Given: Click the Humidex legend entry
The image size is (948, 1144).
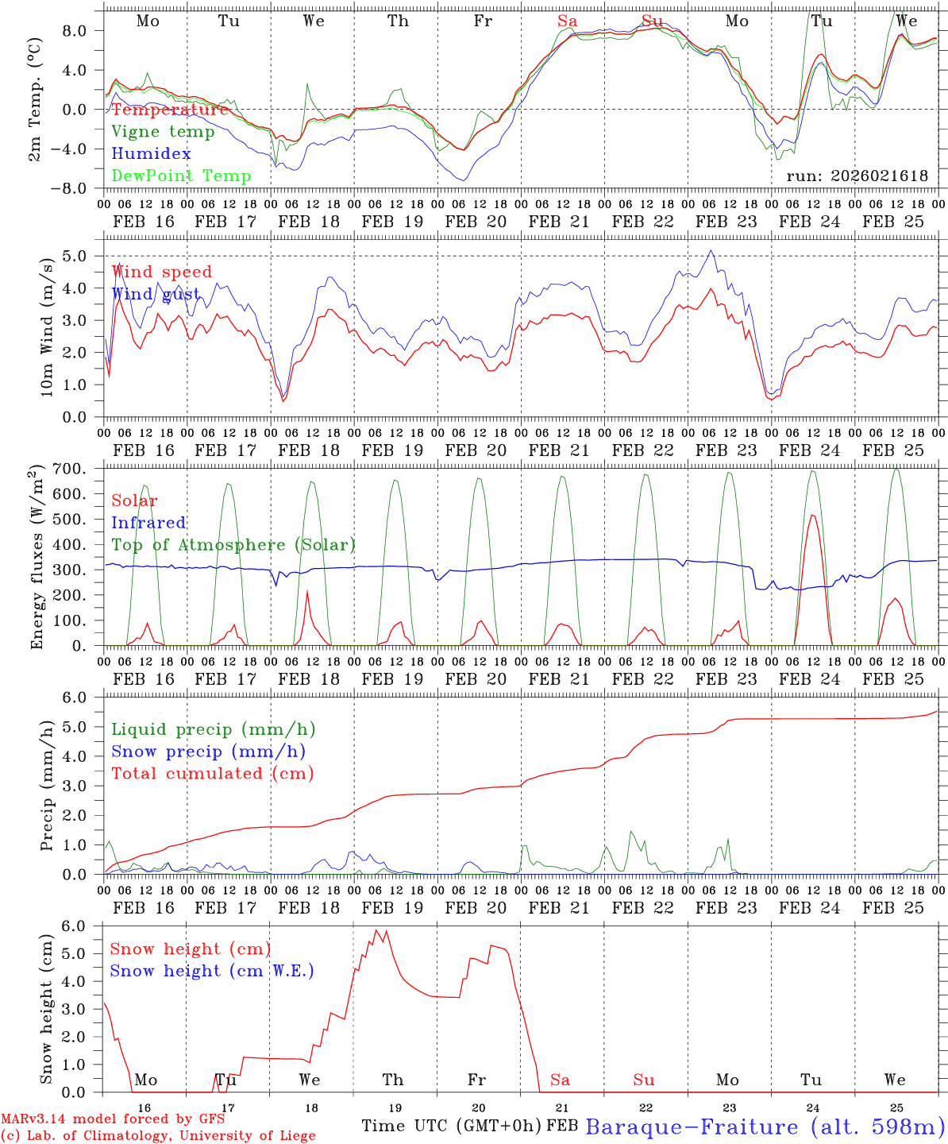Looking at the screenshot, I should pos(151,153).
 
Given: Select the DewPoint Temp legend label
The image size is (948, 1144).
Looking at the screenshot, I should pos(181,176).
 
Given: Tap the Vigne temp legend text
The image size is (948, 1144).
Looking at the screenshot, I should pos(163,131).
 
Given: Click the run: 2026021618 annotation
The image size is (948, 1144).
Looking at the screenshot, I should pos(857,176).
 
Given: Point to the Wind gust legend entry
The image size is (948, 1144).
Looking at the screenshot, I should pos(156,294).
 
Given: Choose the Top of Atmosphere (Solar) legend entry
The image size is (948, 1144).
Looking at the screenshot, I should pos(233,545).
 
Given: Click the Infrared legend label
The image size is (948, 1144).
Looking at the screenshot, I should pos(148,523).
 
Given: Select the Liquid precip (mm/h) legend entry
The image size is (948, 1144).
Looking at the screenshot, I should pos(213,729).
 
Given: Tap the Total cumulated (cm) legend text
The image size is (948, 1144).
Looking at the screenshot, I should pos(212,773).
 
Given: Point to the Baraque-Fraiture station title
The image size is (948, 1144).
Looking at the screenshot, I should pos(765,1127).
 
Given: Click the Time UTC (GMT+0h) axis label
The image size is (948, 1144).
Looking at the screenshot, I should pos(451,1126).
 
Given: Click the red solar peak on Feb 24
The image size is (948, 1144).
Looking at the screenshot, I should pos(811,516).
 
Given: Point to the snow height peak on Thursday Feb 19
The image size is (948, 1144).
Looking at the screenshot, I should pos(376,930).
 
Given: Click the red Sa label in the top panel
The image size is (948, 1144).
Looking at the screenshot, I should pos(567,21).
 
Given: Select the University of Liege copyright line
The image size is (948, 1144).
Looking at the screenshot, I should pos(158,1136).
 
